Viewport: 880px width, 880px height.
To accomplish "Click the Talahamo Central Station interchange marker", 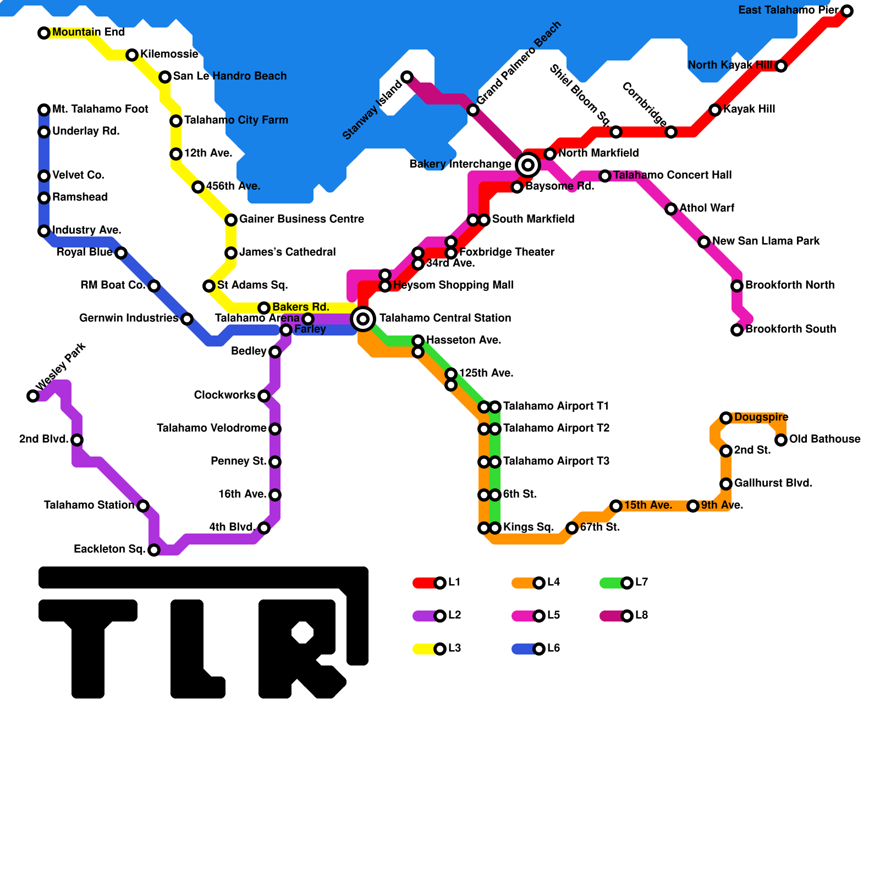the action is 363,318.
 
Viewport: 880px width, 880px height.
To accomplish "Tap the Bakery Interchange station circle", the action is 528,164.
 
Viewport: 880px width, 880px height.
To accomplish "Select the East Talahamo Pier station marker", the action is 847,11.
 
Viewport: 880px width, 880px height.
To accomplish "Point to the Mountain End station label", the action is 88,32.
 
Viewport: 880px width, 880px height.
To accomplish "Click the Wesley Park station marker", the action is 33,396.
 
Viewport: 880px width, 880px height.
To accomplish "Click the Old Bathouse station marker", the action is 781,440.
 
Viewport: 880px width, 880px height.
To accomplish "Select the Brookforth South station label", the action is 790,329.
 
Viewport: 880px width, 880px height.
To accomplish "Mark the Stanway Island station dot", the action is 407,77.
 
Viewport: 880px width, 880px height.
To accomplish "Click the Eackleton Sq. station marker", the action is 154,550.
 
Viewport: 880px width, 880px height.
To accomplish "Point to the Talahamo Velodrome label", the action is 211,428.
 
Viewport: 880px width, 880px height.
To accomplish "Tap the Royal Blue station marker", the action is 121,253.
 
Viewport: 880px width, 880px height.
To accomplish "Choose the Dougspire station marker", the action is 726,418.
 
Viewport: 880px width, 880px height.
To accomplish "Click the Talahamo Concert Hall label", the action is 672,175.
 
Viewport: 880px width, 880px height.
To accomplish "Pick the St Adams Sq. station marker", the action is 209,286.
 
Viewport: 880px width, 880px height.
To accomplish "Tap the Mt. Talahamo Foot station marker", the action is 44,110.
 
